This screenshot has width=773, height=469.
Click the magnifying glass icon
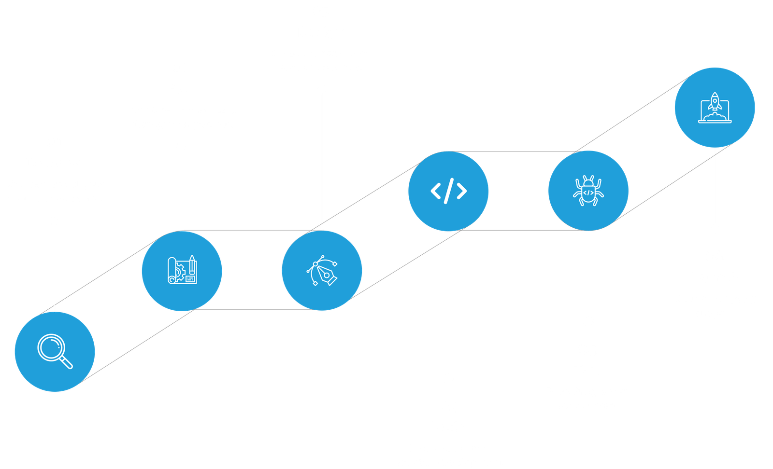[55, 351]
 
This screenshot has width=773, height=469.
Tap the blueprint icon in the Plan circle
[182, 270]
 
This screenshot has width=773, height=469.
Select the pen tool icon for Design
[322, 271]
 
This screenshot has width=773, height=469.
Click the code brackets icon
[448, 191]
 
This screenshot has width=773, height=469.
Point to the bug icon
[588, 191]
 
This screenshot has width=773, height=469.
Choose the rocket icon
[715, 108]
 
